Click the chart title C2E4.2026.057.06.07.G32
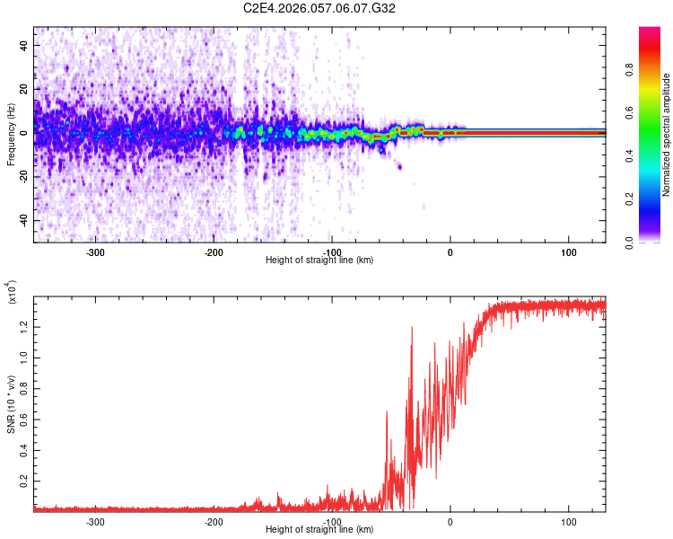[x=319, y=8]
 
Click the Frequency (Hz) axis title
[x=11, y=134]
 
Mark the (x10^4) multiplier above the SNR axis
[x=12, y=293]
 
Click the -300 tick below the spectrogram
[x=95, y=252]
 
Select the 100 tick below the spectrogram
[x=568, y=252]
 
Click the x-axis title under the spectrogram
[x=319, y=261]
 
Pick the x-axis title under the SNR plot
[x=319, y=531]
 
